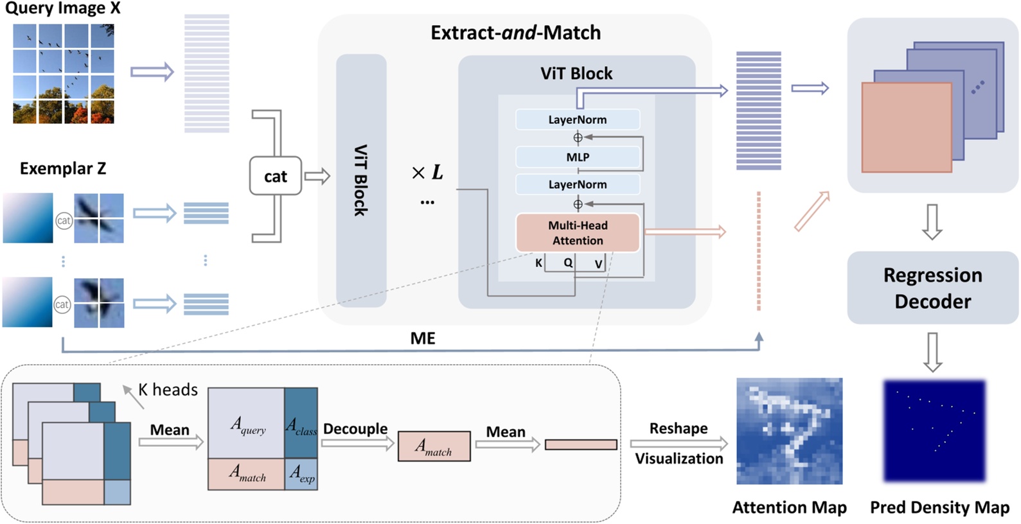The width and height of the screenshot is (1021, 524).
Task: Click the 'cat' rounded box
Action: [275, 176]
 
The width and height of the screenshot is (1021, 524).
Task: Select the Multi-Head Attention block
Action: [578, 232]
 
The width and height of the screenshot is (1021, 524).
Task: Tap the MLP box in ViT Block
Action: [578, 157]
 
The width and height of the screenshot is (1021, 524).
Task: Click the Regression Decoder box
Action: [932, 288]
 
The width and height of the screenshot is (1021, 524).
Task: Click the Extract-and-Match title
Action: [515, 33]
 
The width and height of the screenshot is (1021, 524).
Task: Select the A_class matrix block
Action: [301, 423]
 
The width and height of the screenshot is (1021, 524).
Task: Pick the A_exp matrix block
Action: [301, 474]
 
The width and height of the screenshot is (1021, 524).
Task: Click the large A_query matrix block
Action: [247, 423]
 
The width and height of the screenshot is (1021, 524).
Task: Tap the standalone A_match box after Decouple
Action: [434, 446]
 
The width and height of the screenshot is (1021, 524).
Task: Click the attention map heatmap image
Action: [789, 431]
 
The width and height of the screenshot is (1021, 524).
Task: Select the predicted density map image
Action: [935, 431]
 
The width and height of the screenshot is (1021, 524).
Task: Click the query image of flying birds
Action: [64, 73]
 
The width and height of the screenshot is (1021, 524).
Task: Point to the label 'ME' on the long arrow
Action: [423, 338]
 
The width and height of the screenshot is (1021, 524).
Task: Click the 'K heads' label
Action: [168, 390]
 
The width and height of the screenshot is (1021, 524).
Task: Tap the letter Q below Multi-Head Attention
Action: [568, 263]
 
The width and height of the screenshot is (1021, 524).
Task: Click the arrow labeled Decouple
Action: [357, 443]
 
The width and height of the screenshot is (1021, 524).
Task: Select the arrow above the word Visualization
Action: [679, 443]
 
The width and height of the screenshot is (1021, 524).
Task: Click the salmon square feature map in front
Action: [906, 127]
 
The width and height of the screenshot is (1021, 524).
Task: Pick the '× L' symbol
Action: [427, 172]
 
